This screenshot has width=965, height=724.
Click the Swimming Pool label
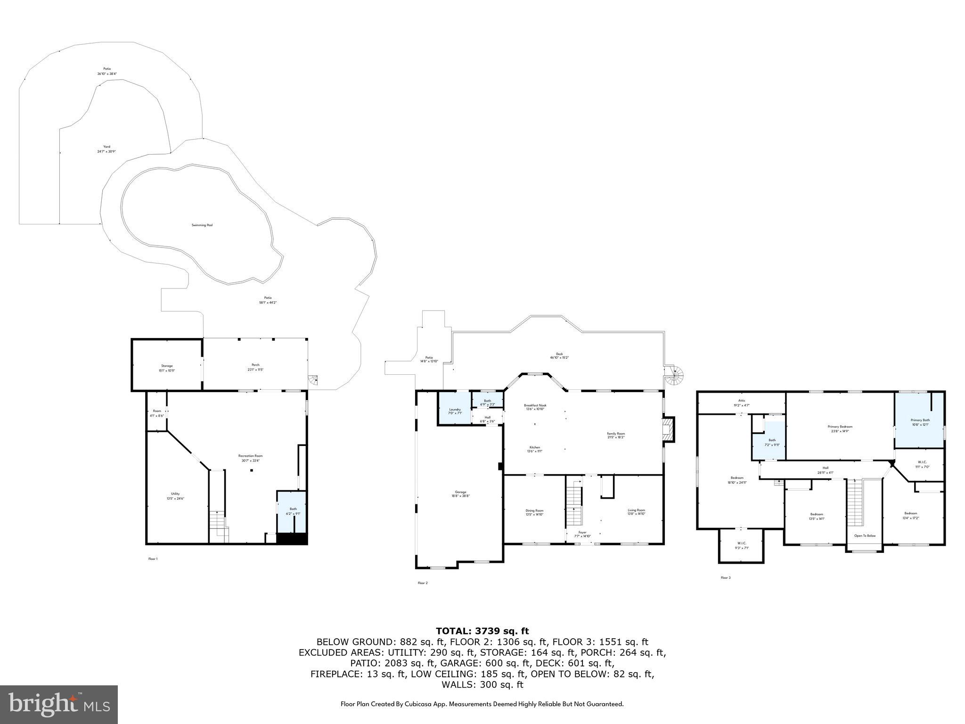coord(202,225)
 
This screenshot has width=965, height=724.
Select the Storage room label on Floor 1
coord(167,366)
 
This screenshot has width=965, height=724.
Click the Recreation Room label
coord(250,456)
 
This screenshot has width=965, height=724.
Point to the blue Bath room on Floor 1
coord(292,511)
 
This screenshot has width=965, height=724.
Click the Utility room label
coord(175,494)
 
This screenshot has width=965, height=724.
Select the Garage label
coord(460,492)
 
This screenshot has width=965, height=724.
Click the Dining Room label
coord(534,510)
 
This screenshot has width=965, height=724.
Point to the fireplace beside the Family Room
coord(668,429)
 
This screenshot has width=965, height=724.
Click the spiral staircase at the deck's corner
coord(676,376)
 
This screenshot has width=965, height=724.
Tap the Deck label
coord(559,354)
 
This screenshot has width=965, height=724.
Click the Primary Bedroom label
coord(840,427)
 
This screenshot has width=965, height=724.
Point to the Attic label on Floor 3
coord(742,401)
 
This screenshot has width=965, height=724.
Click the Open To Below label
coord(865,536)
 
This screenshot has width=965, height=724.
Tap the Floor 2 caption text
coord(423,583)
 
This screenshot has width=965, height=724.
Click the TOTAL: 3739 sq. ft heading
coord(482,631)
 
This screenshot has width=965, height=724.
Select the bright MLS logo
coord(59,705)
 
